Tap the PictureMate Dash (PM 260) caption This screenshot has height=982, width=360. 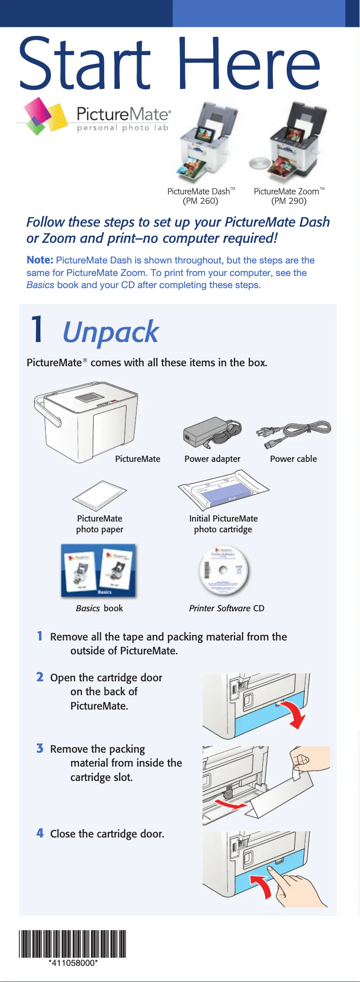coord(201,196)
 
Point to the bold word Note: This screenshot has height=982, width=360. coord(40,260)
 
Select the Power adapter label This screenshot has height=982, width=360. coord(212,459)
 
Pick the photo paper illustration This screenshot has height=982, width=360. coord(100,495)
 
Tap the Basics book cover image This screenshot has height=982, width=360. coord(98,570)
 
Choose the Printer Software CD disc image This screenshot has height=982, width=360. coord(223,570)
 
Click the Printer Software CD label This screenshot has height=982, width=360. coord(227,608)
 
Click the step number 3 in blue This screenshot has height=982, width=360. coord(40,748)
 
